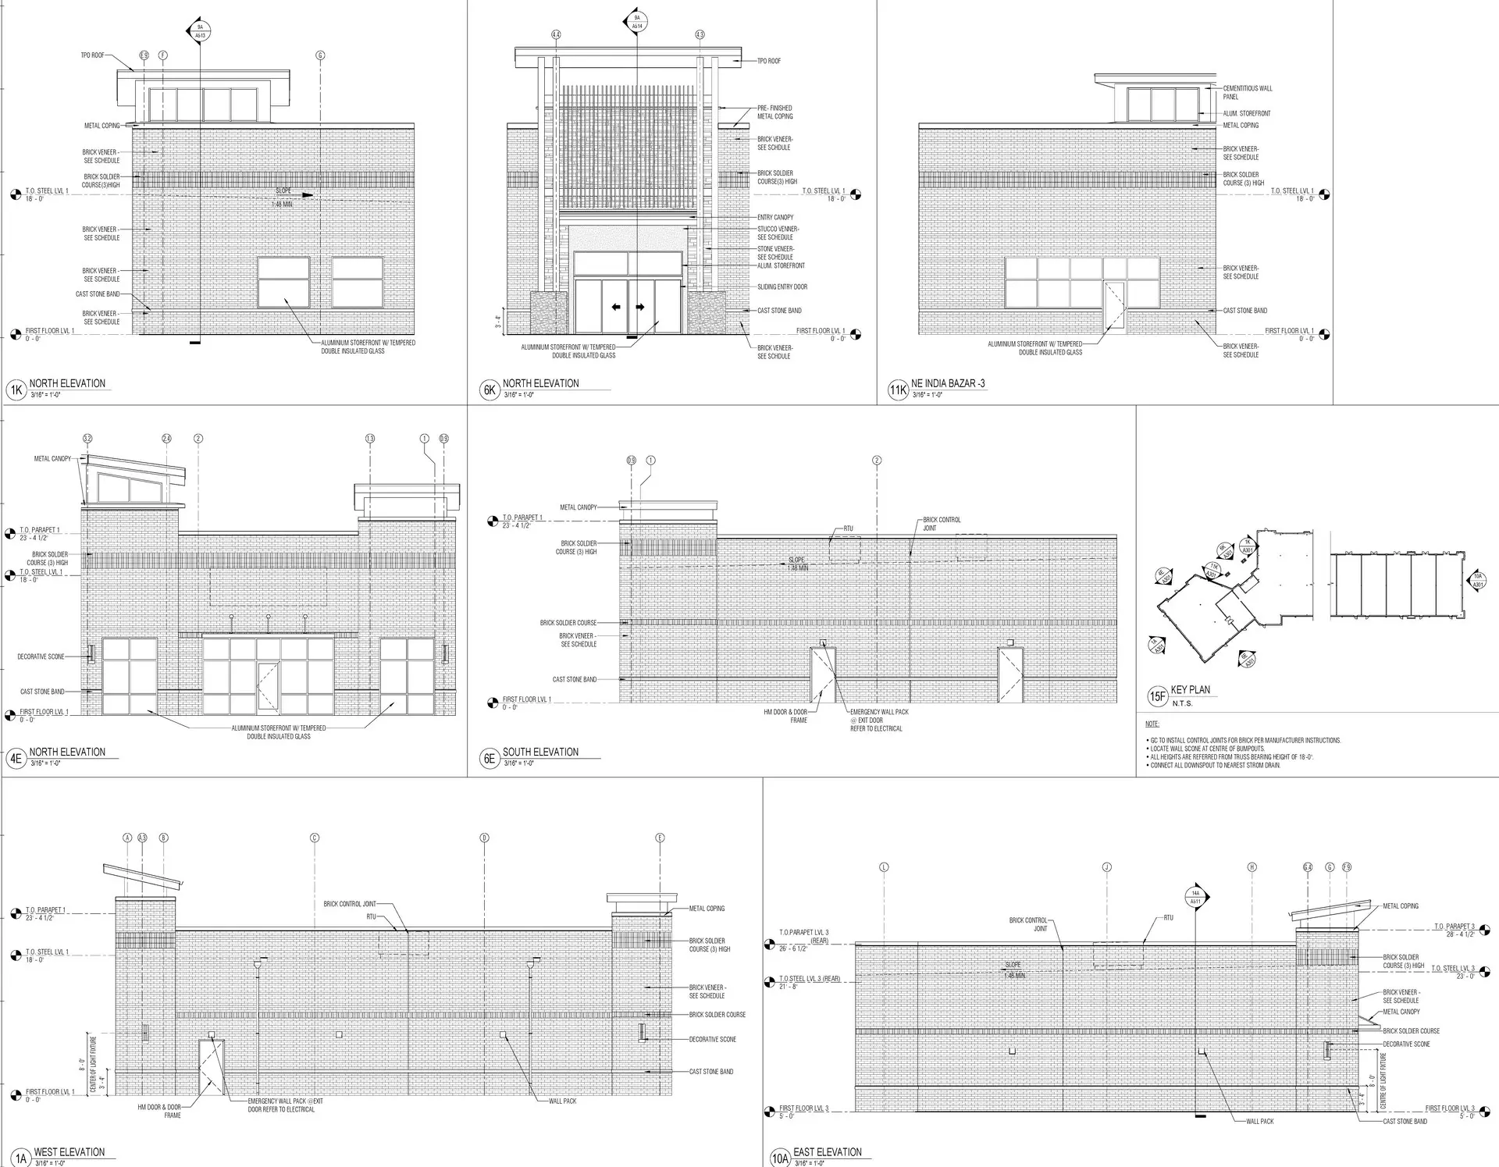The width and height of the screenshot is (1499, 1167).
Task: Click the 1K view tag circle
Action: (x=16, y=390)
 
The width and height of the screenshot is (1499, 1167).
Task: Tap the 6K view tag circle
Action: (x=490, y=390)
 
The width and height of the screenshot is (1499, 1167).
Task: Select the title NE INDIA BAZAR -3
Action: (x=948, y=384)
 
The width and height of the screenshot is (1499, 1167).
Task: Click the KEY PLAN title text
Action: (x=1191, y=690)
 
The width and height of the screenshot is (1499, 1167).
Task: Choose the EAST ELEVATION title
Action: (x=828, y=1151)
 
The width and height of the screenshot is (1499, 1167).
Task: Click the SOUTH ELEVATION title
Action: (x=540, y=752)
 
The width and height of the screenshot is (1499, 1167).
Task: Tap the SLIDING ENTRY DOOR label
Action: (x=782, y=286)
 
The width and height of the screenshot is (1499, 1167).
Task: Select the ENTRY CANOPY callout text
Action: (x=775, y=217)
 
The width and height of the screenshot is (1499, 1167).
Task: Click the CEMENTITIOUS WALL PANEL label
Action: (x=1247, y=92)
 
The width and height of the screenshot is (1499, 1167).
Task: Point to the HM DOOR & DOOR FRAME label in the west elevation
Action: (x=159, y=1111)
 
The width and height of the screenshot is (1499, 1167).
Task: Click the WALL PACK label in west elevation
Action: (x=562, y=1101)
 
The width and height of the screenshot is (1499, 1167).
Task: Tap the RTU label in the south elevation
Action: (x=849, y=528)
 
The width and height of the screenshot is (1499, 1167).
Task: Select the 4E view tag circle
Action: (x=16, y=758)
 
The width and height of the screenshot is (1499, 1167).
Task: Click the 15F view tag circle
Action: (x=1156, y=696)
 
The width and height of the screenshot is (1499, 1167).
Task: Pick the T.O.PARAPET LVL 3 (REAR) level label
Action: (x=804, y=936)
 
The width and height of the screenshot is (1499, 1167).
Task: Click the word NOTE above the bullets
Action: (x=1152, y=724)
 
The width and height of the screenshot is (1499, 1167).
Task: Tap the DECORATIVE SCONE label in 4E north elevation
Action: (x=41, y=656)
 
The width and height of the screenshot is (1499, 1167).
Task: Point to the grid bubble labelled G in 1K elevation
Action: (x=320, y=55)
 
